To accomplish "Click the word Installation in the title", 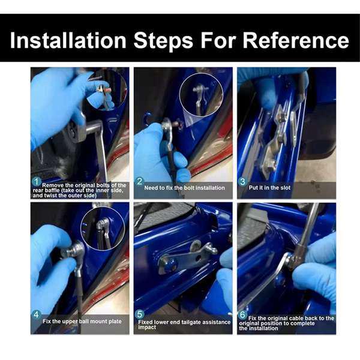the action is pos(68,40).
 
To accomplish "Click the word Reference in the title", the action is pos(296,40).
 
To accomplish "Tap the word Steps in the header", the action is pos(163,40).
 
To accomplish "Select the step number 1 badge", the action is pos(36,182).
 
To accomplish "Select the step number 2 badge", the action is pos(139,181).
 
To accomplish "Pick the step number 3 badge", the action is pos(242,182).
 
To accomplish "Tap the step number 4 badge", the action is pos(36,314).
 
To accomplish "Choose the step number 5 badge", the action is pos(139,314).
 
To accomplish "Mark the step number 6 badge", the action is pos(242,314).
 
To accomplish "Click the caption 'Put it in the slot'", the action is pos(269,188).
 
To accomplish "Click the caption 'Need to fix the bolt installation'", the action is pos(185,188).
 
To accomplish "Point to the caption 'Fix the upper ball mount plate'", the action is pos(82,322).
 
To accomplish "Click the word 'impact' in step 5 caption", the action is pos(147,327).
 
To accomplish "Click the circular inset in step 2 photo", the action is pos(201,95).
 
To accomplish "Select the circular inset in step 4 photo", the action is pos(103,229).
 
